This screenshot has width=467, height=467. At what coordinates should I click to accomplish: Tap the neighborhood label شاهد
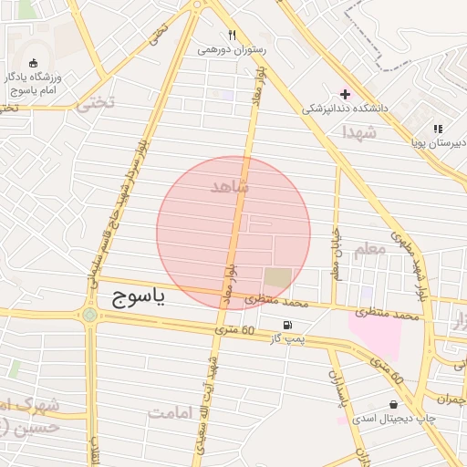click(x=229, y=187)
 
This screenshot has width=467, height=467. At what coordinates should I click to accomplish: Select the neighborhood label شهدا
click(x=358, y=133)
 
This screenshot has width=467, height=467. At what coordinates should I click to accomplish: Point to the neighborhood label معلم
click(x=369, y=249)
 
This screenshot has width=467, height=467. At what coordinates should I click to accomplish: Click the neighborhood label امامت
click(x=172, y=412)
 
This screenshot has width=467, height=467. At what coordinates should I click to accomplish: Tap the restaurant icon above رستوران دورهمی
click(x=233, y=36)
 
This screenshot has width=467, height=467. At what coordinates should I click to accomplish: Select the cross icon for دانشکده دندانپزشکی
click(x=345, y=93)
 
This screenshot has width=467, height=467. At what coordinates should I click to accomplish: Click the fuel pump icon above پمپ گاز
click(x=288, y=325)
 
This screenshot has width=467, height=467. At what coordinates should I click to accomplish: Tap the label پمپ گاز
click(x=285, y=339)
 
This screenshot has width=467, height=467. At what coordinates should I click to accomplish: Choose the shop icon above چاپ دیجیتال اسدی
click(x=393, y=404)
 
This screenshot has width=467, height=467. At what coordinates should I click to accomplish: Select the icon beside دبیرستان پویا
click(x=438, y=130)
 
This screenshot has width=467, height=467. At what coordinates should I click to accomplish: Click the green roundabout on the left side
click(x=89, y=316)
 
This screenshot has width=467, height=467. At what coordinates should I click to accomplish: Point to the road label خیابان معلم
click(x=337, y=253)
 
